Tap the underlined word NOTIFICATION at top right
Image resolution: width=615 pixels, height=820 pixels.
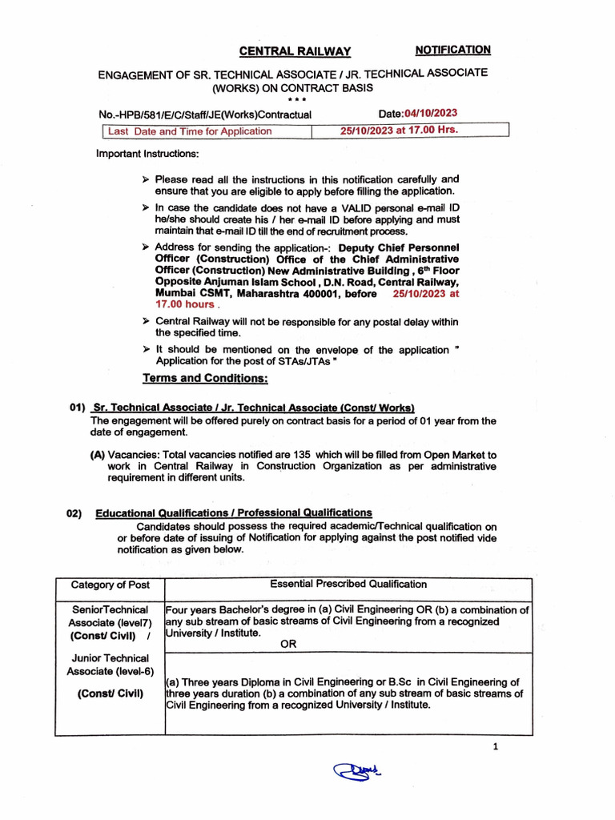pyautogui.click(x=452, y=50)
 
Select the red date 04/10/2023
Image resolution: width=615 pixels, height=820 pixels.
pyautogui.click(x=431, y=114)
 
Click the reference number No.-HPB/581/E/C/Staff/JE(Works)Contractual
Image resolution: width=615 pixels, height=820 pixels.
pyautogui.click(x=204, y=115)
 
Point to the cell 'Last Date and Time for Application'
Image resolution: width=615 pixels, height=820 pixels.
pyautogui.click(x=190, y=131)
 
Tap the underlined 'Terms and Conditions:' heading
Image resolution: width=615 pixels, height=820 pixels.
pyautogui.click(x=205, y=378)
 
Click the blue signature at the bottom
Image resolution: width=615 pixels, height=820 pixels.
pyautogui.click(x=356, y=771)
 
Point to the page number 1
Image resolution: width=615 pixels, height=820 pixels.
pyautogui.click(x=496, y=747)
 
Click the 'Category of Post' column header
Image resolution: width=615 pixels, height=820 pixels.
pyautogui.click(x=110, y=585)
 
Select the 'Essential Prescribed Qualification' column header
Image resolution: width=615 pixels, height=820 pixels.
pyautogui.click(x=348, y=584)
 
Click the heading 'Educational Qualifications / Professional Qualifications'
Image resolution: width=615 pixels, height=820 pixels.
pyautogui.click(x=234, y=512)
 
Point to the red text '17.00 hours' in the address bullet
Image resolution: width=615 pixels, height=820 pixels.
pyautogui.click(x=185, y=304)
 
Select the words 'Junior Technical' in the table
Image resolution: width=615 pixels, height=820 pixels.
pyautogui.click(x=111, y=657)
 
